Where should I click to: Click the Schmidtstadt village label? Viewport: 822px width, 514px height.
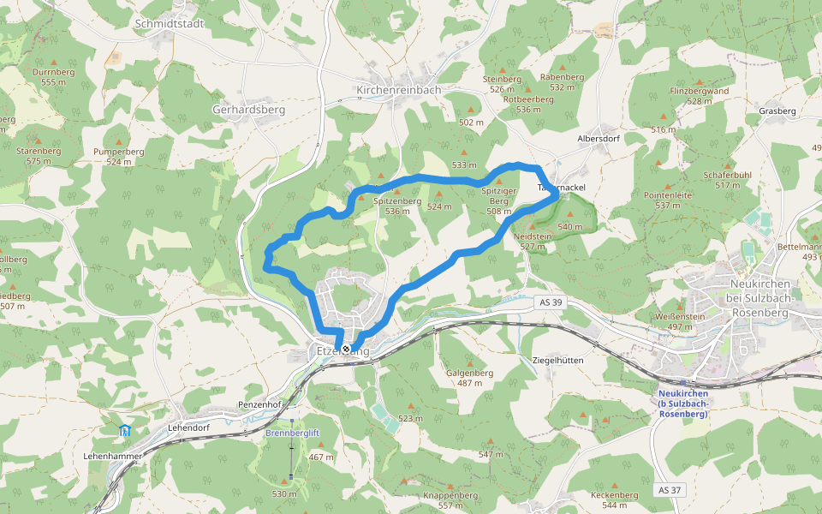(x=170, y=24)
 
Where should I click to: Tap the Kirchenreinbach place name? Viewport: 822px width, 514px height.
(x=398, y=89)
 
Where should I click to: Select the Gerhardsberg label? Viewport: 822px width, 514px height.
(x=248, y=110)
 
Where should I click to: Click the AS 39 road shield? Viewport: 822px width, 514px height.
(x=552, y=302)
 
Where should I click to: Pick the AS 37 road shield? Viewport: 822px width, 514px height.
(x=670, y=489)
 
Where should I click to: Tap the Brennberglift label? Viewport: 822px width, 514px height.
(x=292, y=433)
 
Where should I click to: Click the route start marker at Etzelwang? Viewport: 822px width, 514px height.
(x=346, y=350)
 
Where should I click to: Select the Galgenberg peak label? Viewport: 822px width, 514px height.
(x=470, y=373)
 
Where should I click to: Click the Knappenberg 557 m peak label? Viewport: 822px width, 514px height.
(x=450, y=496)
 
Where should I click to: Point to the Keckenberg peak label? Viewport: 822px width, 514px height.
(x=614, y=495)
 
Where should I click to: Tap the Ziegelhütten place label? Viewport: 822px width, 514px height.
(x=557, y=361)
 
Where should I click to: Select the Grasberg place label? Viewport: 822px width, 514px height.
(x=777, y=111)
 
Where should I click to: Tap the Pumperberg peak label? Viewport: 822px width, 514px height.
(x=118, y=152)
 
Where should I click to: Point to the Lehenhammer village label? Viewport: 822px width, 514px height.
(x=112, y=457)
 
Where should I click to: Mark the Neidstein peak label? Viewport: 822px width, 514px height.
(x=533, y=236)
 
